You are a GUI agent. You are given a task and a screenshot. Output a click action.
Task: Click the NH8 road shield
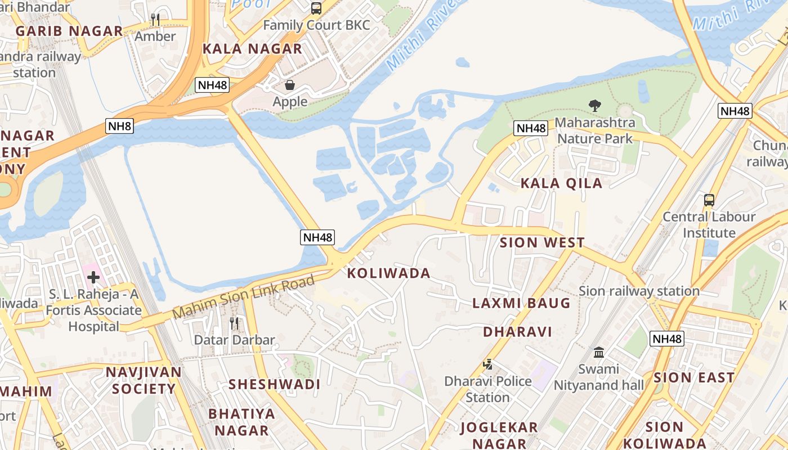(119, 126)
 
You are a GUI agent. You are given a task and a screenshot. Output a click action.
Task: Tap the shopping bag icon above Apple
(290, 85)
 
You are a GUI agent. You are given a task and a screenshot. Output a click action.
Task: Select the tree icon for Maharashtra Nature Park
(594, 105)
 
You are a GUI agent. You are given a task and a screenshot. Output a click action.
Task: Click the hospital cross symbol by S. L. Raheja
(93, 277)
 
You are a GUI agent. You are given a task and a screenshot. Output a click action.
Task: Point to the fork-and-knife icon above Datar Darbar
(234, 323)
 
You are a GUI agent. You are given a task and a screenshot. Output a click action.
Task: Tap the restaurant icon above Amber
(155, 20)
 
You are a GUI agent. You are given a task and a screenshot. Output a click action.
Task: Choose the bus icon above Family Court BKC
(316, 8)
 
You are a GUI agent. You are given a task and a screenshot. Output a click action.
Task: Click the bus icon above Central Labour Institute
(709, 200)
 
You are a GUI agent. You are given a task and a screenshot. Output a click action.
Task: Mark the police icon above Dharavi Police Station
(487, 364)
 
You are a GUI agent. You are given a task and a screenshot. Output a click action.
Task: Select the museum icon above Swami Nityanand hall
(599, 352)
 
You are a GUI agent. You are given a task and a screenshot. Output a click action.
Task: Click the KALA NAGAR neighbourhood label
(252, 48)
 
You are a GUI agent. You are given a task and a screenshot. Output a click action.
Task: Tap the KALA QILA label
(561, 183)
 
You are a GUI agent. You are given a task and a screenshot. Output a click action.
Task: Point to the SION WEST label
(542, 243)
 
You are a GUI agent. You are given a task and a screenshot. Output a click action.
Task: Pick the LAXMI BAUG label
(521, 303)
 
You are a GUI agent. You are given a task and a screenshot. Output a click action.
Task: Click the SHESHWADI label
(274, 384)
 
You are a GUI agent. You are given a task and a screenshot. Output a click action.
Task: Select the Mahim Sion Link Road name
(243, 296)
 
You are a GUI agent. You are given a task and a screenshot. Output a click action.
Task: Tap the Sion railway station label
(639, 291)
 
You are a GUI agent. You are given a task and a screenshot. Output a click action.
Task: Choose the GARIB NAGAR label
(69, 31)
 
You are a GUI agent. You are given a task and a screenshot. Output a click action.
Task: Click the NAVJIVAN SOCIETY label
(144, 380)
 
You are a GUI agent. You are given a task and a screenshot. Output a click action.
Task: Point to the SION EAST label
(694, 377)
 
